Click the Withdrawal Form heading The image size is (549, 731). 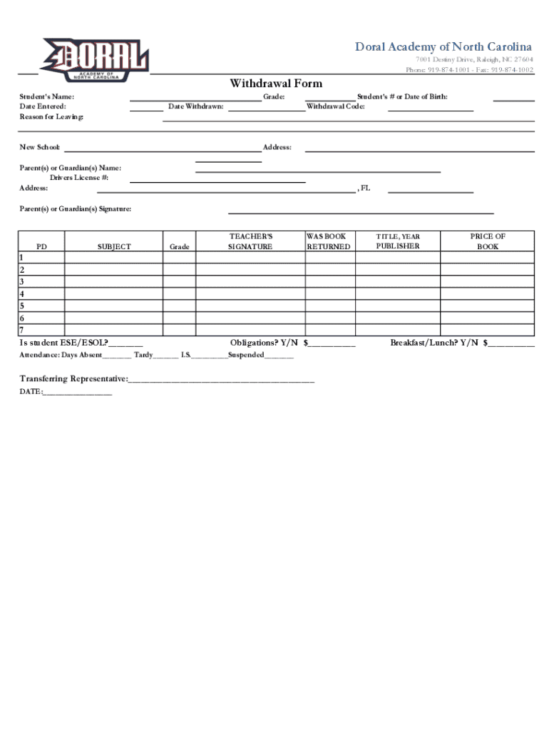click(x=275, y=84)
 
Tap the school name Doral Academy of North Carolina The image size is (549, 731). click(x=443, y=47)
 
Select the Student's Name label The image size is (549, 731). click(x=46, y=96)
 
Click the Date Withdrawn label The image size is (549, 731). click(x=195, y=106)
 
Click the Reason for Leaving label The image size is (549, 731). click(x=51, y=116)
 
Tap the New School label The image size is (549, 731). click(x=40, y=147)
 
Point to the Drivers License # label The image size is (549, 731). click(x=78, y=178)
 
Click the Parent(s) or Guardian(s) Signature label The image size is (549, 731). click(x=75, y=209)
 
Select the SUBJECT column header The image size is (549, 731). click(x=114, y=246)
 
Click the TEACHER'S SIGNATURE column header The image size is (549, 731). click(x=250, y=241)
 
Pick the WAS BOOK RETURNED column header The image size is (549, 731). click(x=328, y=241)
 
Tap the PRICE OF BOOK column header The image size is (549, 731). click(x=488, y=241)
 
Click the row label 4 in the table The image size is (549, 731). click(x=22, y=293)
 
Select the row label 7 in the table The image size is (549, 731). click(x=22, y=330)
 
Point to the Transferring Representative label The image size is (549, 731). click(x=74, y=378)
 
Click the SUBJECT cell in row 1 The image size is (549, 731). click(x=114, y=257)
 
